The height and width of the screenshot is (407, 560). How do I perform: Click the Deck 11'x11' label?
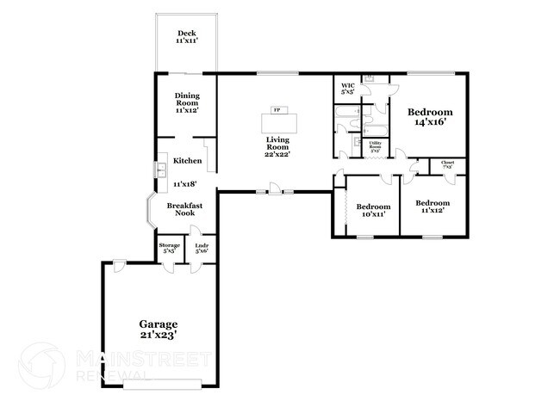(x=186, y=37)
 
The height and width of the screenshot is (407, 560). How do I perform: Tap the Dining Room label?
(x=186, y=102)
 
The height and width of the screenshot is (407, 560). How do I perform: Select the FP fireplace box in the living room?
(x=277, y=111)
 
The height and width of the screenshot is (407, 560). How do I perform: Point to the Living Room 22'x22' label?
(x=277, y=149)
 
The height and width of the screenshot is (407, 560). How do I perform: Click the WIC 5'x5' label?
(x=348, y=89)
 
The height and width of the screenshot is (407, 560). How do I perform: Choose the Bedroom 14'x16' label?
(x=430, y=117)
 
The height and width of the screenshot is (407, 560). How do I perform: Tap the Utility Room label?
(x=375, y=148)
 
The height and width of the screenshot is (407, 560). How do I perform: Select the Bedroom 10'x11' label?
(x=373, y=210)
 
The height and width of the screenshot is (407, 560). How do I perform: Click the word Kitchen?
(x=187, y=161)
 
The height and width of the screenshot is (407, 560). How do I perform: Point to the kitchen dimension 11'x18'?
(x=186, y=183)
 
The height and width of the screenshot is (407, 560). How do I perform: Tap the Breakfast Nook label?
(x=184, y=209)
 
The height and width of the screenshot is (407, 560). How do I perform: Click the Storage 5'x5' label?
(x=170, y=248)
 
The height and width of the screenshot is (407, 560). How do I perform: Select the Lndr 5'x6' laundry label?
(x=202, y=248)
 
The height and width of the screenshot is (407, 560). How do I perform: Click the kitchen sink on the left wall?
(x=160, y=170)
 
